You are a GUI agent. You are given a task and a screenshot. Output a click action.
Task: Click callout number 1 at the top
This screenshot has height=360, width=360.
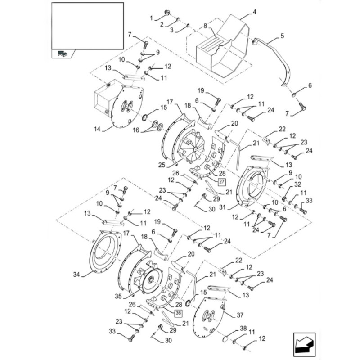click(151, 18)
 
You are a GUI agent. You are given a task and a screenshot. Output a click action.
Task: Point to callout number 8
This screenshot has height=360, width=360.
click(206, 26)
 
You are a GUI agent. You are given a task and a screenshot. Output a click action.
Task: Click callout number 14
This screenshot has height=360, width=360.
click(97, 129)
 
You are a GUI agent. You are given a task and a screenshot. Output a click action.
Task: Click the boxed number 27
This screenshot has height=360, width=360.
click(221, 182)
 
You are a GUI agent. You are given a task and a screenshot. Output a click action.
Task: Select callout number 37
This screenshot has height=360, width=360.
click(240, 315)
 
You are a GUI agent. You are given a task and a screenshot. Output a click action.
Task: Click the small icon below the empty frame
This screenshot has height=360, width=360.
click(62, 53)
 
